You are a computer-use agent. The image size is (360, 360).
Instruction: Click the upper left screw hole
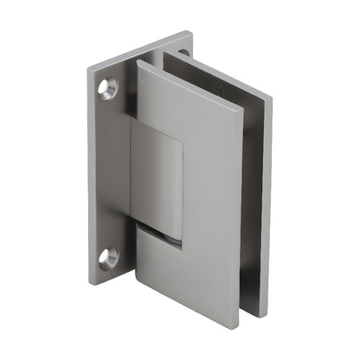click(109, 86)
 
